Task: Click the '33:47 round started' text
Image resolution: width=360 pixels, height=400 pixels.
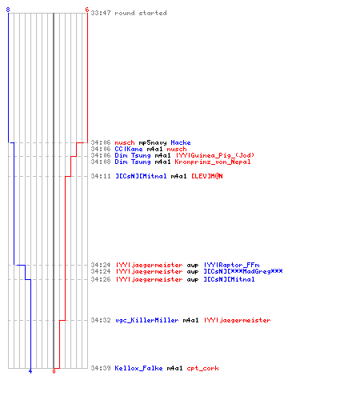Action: (129, 13)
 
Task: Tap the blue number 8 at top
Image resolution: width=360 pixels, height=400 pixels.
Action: (8, 10)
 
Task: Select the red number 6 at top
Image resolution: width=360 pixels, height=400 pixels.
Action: (86, 10)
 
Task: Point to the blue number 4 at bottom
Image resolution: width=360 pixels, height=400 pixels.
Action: (30, 371)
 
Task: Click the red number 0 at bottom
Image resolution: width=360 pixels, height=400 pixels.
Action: (54, 371)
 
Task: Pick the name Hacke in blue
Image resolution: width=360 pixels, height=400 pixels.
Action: (181, 142)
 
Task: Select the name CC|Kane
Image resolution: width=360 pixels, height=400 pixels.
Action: (129, 149)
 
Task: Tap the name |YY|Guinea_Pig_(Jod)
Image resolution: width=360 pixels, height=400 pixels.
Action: (215, 155)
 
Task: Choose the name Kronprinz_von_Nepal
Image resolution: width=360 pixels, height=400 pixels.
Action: (213, 162)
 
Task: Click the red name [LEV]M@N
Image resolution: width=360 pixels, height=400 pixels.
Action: (207, 176)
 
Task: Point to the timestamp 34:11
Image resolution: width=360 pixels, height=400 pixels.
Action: (101, 176)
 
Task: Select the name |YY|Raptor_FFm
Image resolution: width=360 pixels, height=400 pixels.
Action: (231, 265)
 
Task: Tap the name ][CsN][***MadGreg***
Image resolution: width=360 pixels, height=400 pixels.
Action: (243, 271)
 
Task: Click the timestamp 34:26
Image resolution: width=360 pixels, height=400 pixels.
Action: (101, 279)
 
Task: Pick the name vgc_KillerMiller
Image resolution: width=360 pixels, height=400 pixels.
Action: (147, 320)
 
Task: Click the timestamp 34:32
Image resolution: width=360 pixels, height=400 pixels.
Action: (101, 320)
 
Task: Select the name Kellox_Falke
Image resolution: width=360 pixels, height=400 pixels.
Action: (138, 368)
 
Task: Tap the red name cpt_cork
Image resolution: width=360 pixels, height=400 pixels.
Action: (202, 369)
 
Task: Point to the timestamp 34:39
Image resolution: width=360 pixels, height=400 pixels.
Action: (101, 368)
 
